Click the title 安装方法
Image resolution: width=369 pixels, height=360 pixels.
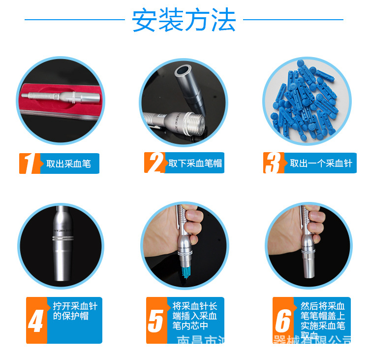pyautogui.click(x=184, y=21)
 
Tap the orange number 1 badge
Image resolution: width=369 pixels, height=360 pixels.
pyautogui.click(x=29, y=163)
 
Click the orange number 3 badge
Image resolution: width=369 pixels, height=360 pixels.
pyautogui.click(x=274, y=163)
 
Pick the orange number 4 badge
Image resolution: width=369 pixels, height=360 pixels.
pyautogui.click(x=36, y=321)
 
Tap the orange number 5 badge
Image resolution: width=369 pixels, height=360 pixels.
pyautogui.click(x=155, y=321)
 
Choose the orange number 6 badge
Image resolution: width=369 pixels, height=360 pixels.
pyautogui.click(x=283, y=321)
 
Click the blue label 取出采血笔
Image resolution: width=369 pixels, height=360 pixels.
pyautogui.click(x=68, y=164)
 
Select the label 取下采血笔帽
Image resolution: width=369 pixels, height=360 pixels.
pyautogui.click(x=195, y=164)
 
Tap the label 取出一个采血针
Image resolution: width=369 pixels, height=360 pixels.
pyautogui.click(x=320, y=164)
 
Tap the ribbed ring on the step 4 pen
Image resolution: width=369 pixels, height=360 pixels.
pyautogui.click(x=62, y=238)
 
